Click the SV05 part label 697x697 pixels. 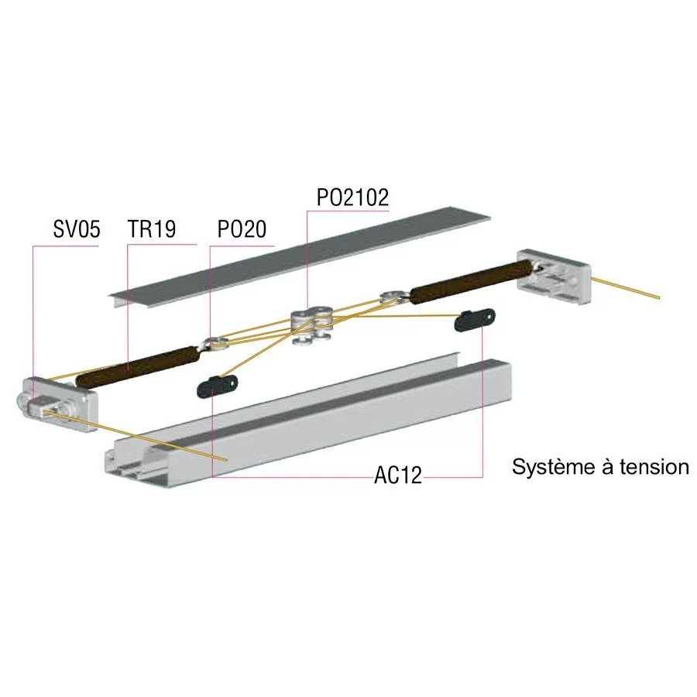click(77, 229)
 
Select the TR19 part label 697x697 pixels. click(152, 229)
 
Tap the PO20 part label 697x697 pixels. click(242, 229)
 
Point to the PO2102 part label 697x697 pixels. click(352, 197)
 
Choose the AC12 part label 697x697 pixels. click(398, 476)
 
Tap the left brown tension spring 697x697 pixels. click(136, 367)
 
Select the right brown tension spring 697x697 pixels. click(471, 282)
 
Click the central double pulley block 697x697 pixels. click(311, 324)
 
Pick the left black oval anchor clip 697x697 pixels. click(217, 386)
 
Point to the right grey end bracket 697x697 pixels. click(554, 276)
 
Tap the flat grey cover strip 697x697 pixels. click(300, 257)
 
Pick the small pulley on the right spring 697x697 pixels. click(393, 296)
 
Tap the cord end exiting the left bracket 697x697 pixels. click(227, 459)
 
